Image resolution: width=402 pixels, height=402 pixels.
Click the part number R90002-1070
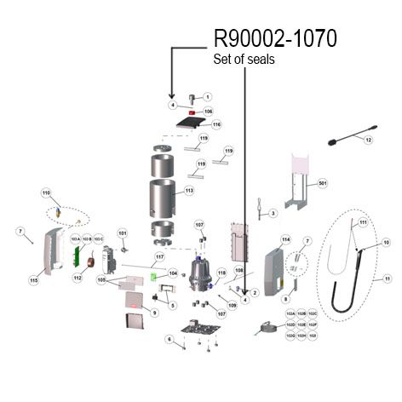[274, 39]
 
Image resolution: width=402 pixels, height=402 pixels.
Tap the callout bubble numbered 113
[189, 191]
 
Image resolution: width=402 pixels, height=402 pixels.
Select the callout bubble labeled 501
[322, 183]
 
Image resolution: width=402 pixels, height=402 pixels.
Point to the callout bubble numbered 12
[369, 139]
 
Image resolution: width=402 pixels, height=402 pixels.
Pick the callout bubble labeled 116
[216, 124]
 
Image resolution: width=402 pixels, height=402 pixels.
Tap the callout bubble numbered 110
[47, 193]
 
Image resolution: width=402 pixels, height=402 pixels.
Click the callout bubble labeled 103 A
[75, 239]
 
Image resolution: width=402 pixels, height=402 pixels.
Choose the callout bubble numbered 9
[155, 313]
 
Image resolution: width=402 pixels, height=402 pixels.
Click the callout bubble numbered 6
[169, 340]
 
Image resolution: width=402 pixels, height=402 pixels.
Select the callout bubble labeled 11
[387, 279]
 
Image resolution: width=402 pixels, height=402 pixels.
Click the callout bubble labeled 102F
[313, 324]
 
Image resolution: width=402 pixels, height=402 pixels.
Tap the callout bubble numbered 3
[273, 213]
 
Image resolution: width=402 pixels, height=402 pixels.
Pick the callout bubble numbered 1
[207, 97]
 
